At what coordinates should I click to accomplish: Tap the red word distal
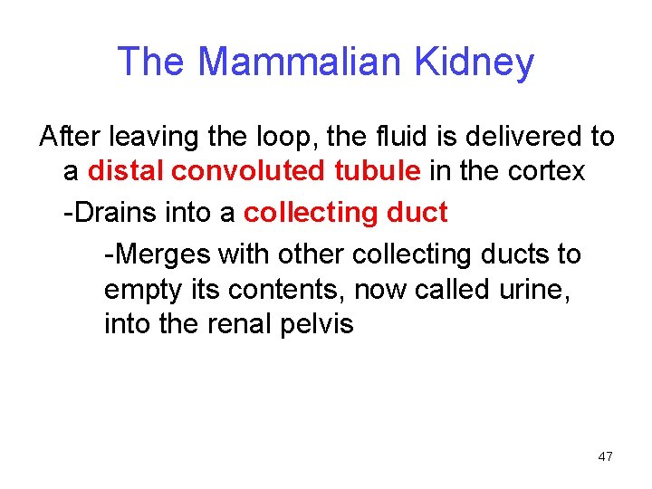coord(125,170)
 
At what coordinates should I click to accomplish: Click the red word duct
coord(416,213)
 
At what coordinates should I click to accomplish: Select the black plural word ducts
coord(523,254)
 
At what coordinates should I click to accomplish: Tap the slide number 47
coord(605,456)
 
